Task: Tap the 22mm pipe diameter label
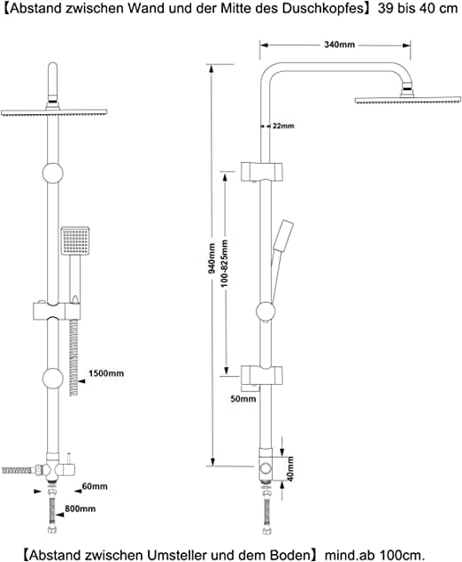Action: tap(283, 126)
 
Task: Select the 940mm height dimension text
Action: tap(212, 258)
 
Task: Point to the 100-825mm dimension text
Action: tap(225, 264)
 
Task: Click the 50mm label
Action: tap(243, 398)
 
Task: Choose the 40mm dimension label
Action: tap(290, 469)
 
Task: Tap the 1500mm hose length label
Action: tap(106, 373)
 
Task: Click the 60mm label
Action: tap(95, 486)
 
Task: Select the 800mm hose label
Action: tap(81, 509)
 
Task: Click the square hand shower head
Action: tap(75, 241)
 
